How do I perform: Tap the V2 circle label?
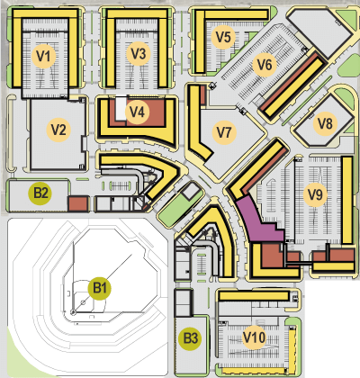pos(59,130)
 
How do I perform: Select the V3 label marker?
pos(138,53)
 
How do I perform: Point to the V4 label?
pos(137,112)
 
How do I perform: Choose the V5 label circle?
pos(224,37)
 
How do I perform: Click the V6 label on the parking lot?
pos(264,65)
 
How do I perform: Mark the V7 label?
pos(224,132)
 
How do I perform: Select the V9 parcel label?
pos(314,193)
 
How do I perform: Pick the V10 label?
pos(255,337)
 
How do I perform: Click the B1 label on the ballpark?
pos(101,289)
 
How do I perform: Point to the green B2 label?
pos(40,192)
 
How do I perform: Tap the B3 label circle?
pos(190,338)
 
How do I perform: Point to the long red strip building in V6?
pos(295,85)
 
